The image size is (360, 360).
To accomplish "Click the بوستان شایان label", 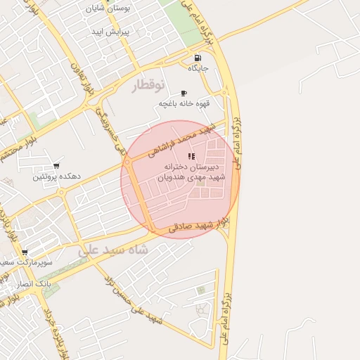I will (105, 9).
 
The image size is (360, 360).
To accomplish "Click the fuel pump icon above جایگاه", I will (197, 58).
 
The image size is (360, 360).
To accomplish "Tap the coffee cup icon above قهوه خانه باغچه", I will (184, 93).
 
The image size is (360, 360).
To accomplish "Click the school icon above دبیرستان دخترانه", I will (191, 156).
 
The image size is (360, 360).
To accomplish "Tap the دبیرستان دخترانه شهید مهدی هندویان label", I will (191, 173).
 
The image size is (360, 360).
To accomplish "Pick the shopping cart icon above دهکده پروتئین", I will (56, 167).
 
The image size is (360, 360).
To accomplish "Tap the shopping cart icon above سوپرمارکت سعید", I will (25, 252).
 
